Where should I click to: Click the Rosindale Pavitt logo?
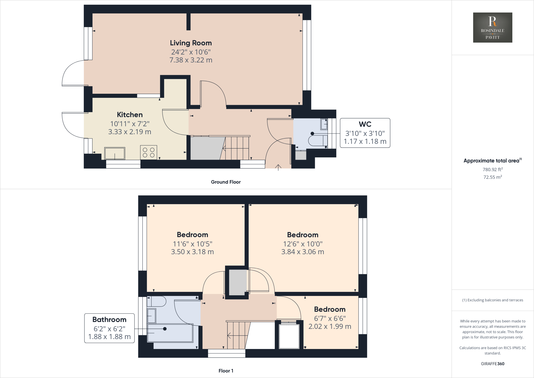(x=493, y=27)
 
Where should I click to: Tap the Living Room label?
(x=191, y=43)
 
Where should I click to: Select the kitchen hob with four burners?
(x=149, y=152)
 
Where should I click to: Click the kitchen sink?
(x=115, y=153)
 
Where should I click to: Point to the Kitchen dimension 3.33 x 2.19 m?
(x=130, y=132)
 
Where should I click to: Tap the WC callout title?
(x=365, y=124)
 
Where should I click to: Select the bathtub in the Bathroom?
(x=170, y=333)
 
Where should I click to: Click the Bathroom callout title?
(x=109, y=320)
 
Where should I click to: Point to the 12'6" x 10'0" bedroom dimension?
(x=303, y=244)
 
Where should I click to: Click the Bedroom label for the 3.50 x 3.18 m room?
(x=192, y=235)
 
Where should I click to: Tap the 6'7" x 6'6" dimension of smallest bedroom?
(x=330, y=318)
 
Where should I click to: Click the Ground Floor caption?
(x=226, y=182)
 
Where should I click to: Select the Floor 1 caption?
(x=226, y=371)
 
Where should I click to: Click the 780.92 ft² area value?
(x=493, y=169)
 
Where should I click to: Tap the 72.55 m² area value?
(x=493, y=177)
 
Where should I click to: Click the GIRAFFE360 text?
(x=493, y=364)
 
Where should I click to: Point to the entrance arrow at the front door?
(x=278, y=167)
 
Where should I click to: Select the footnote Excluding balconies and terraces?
(x=493, y=300)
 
